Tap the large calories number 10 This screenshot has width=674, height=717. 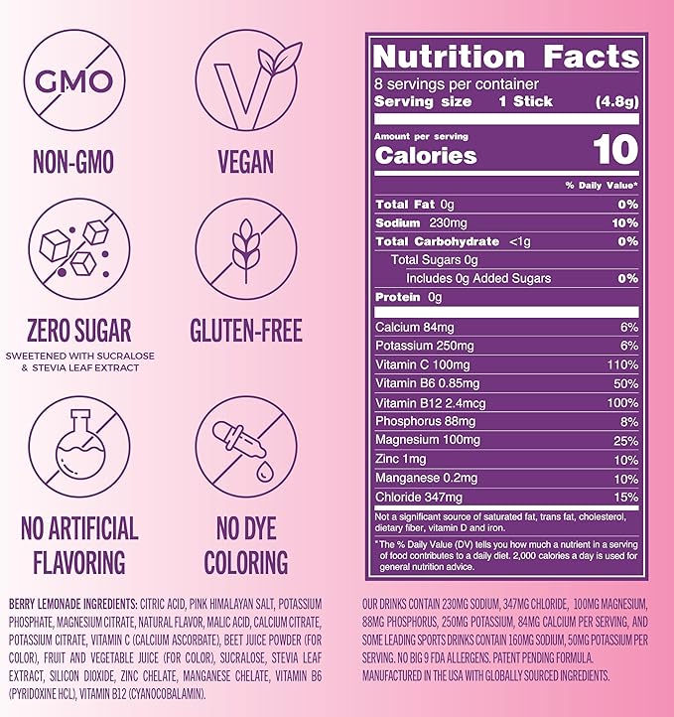[616, 151]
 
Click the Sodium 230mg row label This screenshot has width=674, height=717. [414, 223]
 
